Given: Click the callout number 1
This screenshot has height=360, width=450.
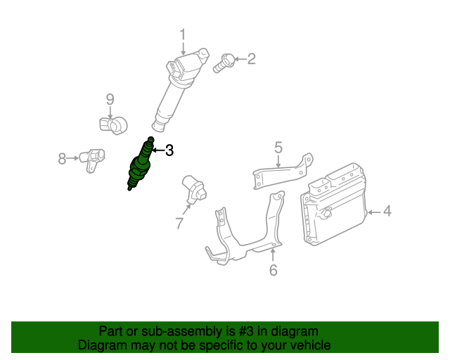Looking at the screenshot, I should (x=183, y=34).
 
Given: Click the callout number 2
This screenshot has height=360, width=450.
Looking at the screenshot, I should (x=251, y=59).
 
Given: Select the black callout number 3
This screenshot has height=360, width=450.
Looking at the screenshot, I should (x=168, y=150).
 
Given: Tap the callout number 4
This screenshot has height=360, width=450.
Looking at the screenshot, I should (x=387, y=211).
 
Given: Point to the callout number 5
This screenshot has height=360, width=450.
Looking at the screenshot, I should (x=278, y=148).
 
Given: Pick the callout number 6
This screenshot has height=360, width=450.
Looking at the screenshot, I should (x=274, y=270).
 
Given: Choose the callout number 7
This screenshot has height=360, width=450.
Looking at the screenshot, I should (x=179, y=224).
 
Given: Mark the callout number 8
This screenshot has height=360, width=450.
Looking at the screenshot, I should (x=63, y=159).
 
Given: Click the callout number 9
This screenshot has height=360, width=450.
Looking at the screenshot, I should (x=110, y=100).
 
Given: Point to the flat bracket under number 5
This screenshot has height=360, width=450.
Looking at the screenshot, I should (x=281, y=172).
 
